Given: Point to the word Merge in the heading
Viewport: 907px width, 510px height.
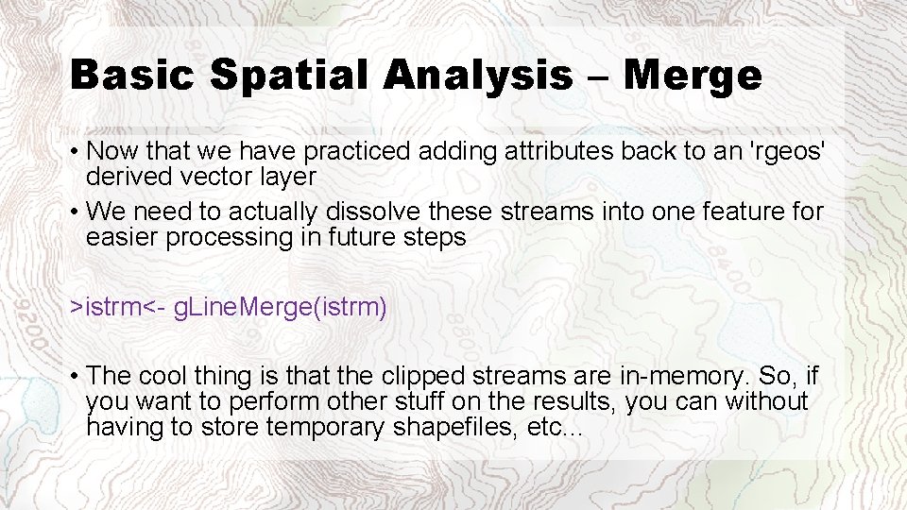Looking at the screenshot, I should tap(693, 76).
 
